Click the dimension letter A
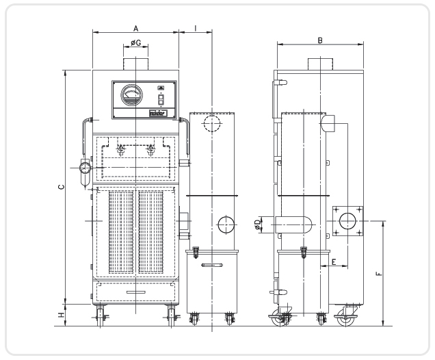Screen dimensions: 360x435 pos(136,28)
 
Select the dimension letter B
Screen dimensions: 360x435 pos(320,40)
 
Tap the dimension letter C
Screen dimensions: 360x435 pos(61,185)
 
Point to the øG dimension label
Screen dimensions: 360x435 pos(136,43)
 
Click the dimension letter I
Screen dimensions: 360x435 pos(196,28)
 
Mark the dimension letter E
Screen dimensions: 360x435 pos(334,261)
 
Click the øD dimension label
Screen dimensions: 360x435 pos(257,224)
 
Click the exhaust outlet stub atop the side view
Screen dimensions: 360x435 pos(319,64)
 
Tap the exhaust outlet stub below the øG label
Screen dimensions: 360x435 pos(135,62)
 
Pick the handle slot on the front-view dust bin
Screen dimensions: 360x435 pos(212,264)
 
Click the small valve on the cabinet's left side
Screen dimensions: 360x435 pos(85,168)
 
